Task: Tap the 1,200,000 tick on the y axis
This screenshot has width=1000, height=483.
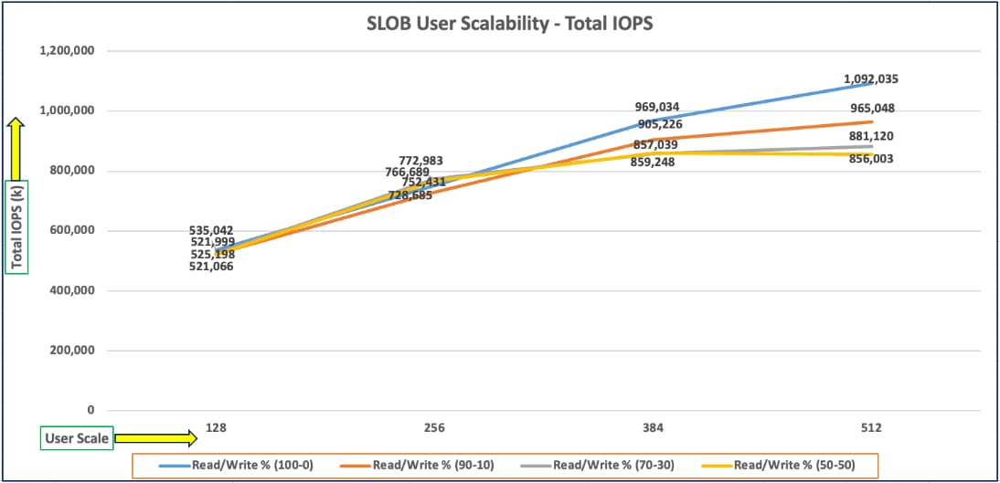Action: tap(68, 51)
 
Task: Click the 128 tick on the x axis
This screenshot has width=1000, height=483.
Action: tap(216, 428)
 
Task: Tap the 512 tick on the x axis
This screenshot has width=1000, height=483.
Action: tap(871, 428)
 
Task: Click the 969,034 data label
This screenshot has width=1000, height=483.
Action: tap(657, 108)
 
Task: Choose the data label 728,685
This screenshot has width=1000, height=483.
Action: tap(410, 195)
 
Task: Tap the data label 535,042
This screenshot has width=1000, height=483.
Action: tap(212, 231)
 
